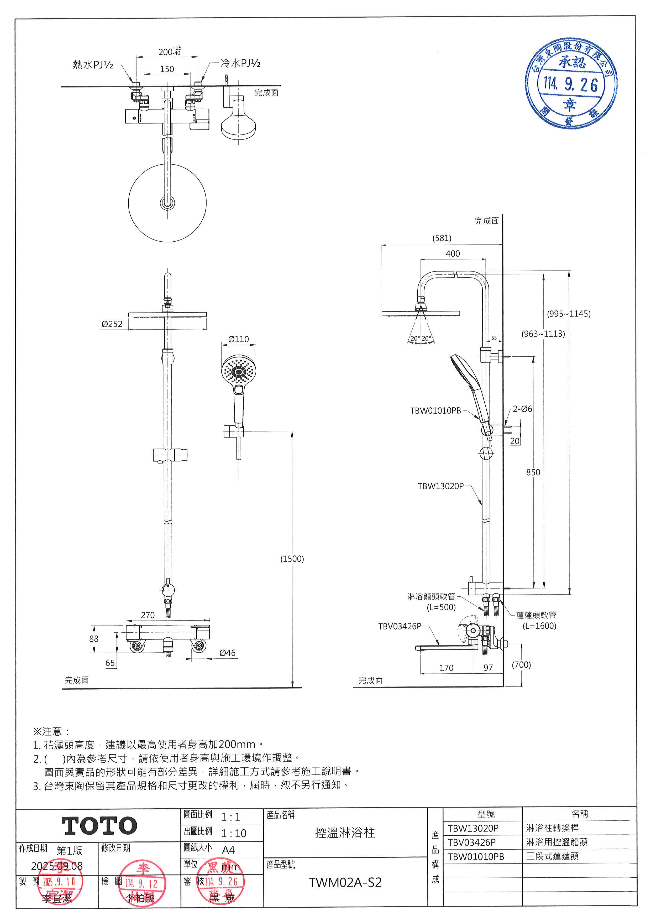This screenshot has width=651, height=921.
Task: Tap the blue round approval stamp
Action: click(571, 84)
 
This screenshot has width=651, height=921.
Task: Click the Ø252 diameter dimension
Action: click(112, 324)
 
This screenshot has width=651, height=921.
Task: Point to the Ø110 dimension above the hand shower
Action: click(239, 339)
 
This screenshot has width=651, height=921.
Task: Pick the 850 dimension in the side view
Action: click(533, 472)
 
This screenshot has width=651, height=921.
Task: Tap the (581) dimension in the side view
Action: click(442, 238)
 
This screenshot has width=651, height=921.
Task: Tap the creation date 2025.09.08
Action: click(57, 866)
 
